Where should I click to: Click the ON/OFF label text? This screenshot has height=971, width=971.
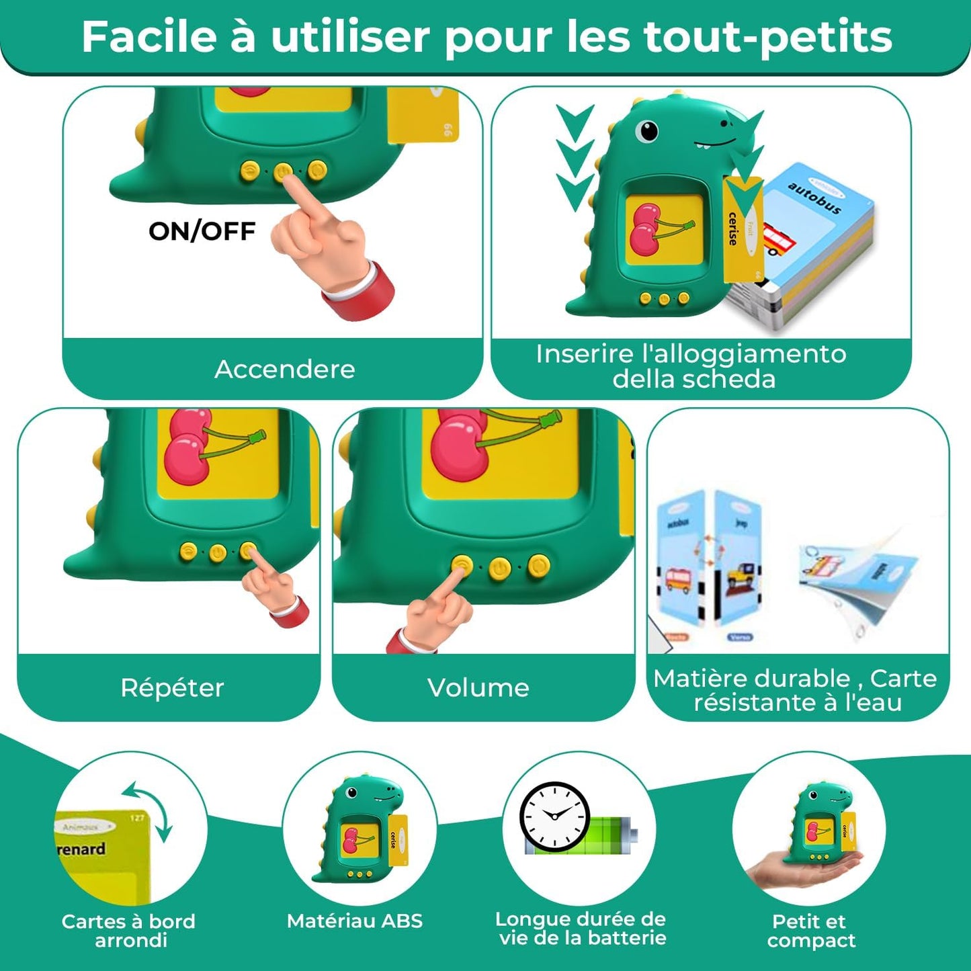click(202, 231)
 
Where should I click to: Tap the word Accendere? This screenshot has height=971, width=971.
click(284, 369)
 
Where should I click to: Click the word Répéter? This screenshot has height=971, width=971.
click(172, 687)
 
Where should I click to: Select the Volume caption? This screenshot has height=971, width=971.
click(478, 687)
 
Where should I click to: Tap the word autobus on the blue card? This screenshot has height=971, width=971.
click(814, 198)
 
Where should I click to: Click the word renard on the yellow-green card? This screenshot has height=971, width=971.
click(81, 849)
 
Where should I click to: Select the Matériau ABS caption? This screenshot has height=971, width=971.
click(355, 921)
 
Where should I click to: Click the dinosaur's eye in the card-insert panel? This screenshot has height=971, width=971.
click(647, 130)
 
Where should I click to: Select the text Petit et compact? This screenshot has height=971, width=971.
click(810, 931)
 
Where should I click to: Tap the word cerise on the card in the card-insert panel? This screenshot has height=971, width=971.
click(733, 229)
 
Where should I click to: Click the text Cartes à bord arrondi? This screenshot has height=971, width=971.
click(129, 931)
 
